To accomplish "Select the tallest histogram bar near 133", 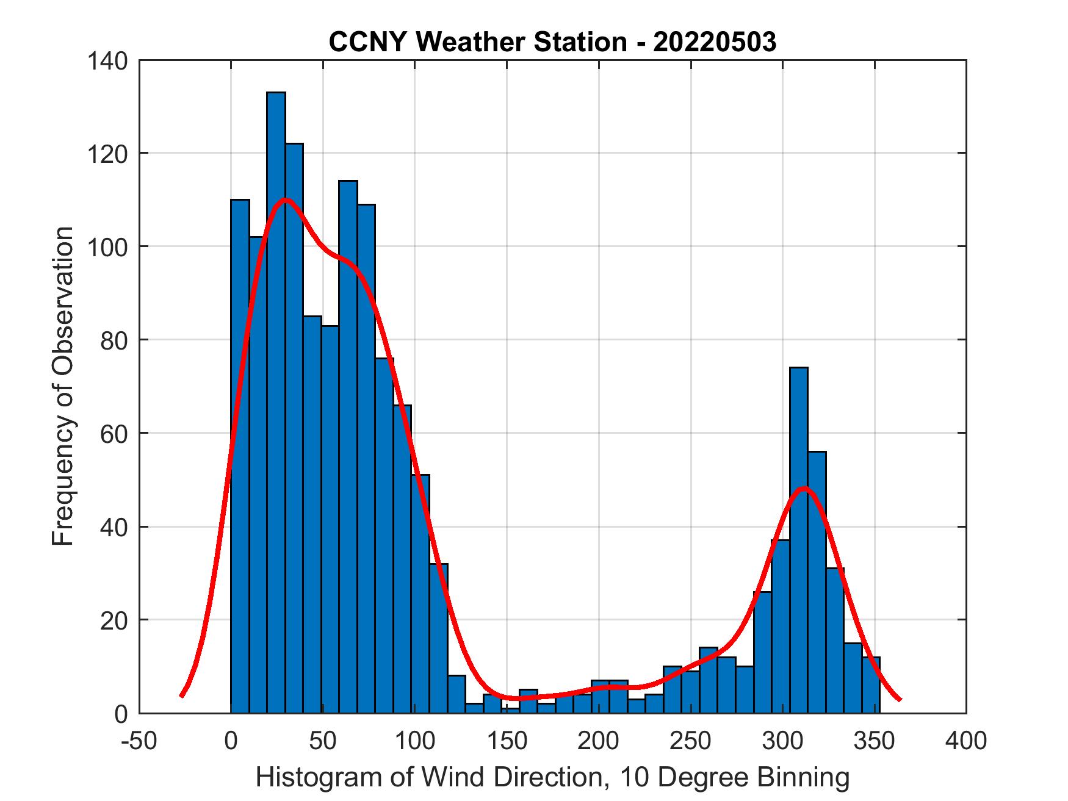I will pyautogui.click(x=276, y=403).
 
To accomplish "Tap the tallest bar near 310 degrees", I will pyautogui.click(x=798, y=540).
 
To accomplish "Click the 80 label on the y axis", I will pyautogui.click(x=114, y=340).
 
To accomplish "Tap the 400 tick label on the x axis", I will pyautogui.click(x=966, y=741).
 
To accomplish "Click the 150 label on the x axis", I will pyautogui.click(x=507, y=741).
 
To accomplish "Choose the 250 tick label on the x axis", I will pyautogui.click(x=691, y=741).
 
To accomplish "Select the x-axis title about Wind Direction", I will pyautogui.click(x=552, y=778).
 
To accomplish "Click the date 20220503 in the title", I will pyautogui.click(x=715, y=43).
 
